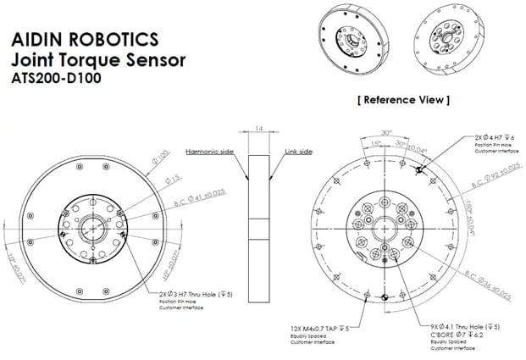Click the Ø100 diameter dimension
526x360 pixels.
point(160,159)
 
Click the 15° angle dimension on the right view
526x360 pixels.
point(375,143)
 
